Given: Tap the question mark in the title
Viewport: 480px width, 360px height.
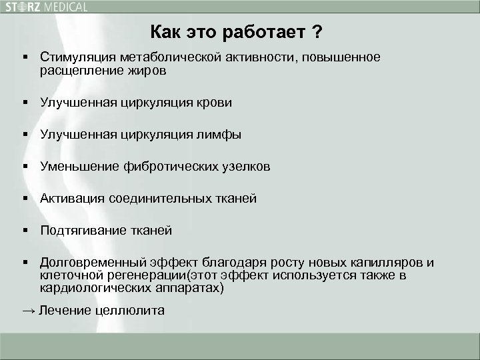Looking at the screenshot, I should tap(321, 31).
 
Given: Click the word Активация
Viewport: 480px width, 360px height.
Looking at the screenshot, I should tap(71, 199).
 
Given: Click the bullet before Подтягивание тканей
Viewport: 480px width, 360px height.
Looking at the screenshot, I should tap(25, 231).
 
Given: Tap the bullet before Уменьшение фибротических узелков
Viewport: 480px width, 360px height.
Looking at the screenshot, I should tap(25, 167).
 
